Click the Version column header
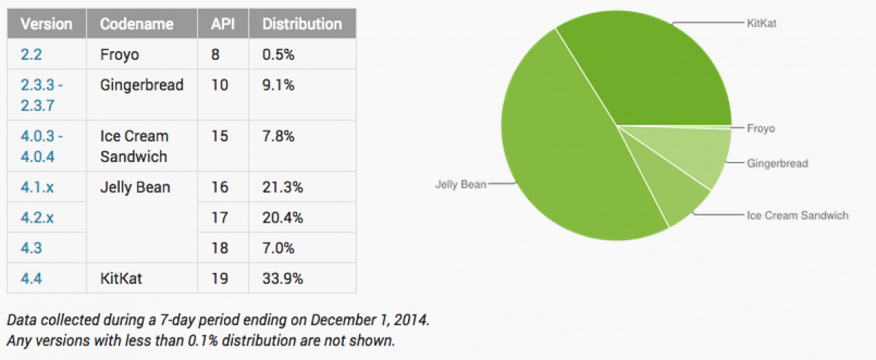(x=47, y=24)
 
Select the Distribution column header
(x=302, y=24)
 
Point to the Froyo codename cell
(x=120, y=54)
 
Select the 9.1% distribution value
(x=279, y=85)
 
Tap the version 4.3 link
(x=31, y=248)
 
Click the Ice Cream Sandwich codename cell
(x=134, y=146)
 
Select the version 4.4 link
(x=31, y=278)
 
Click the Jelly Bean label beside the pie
(x=459, y=185)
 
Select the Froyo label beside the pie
(x=761, y=129)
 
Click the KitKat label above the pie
(x=762, y=23)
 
